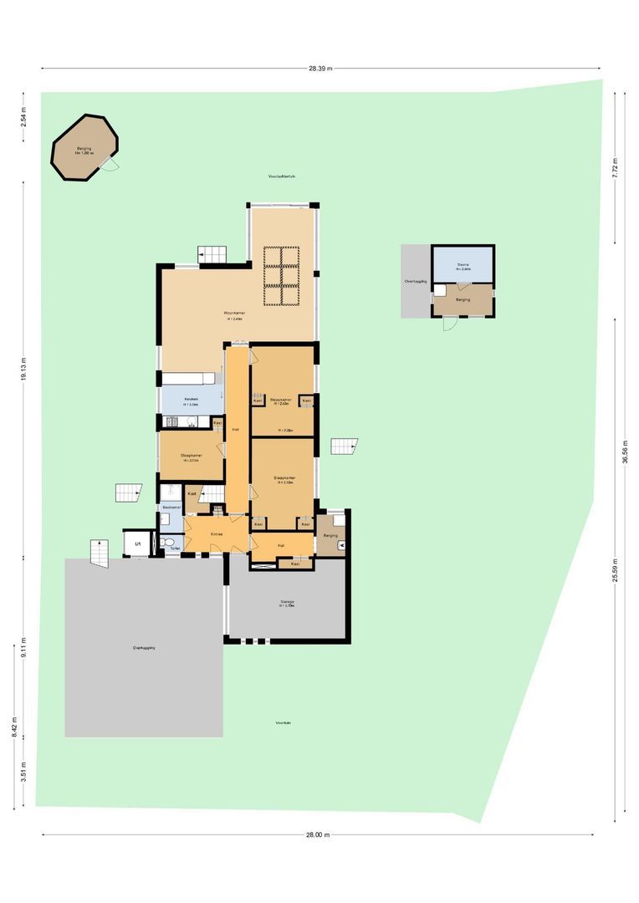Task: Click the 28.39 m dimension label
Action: pos(319,69)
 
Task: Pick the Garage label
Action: pos(288,603)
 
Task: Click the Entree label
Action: pos(216,534)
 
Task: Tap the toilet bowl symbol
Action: pos(171,543)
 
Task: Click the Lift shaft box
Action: pos(135,543)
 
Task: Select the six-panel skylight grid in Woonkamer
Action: pos(282,276)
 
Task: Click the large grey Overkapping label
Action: pos(144,648)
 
